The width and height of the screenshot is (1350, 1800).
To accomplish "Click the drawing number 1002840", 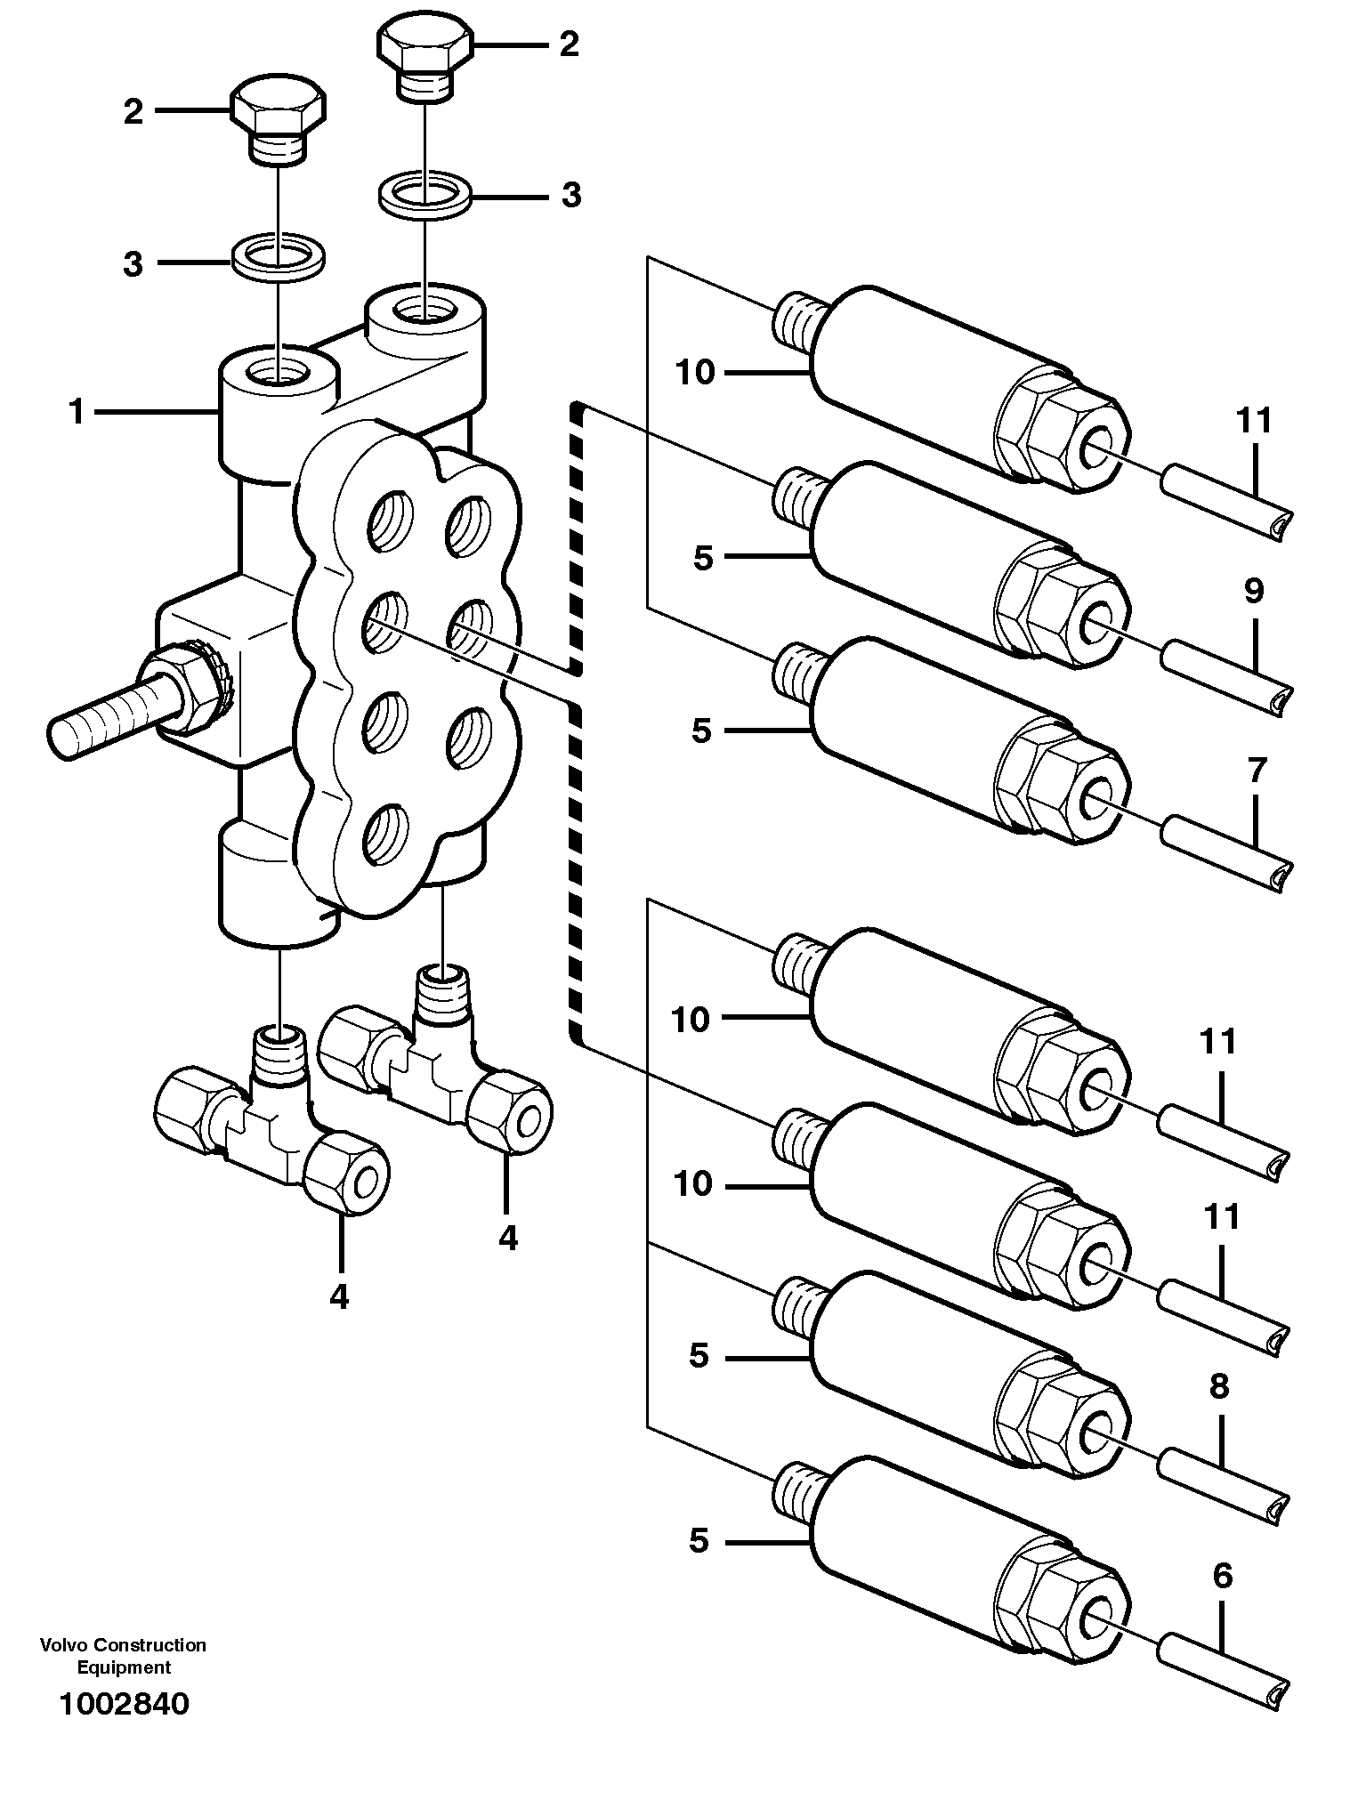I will [x=124, y=1704].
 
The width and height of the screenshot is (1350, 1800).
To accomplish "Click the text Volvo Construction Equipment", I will [x=123, y=1656].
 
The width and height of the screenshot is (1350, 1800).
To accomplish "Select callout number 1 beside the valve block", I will [x=77, y=412].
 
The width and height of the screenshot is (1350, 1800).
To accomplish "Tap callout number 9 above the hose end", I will [x=1253, y=591].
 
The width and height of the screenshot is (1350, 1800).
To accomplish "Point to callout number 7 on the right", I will [x=1255, y=771].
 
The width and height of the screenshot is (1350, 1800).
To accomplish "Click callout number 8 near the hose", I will [x=1219, y=1385].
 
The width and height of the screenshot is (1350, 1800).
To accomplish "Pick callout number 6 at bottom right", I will [x=1223, y=1576].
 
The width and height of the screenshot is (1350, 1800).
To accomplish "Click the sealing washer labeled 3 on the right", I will [x=425, y=196].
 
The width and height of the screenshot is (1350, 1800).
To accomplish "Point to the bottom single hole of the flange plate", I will [x=384, y=834].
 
